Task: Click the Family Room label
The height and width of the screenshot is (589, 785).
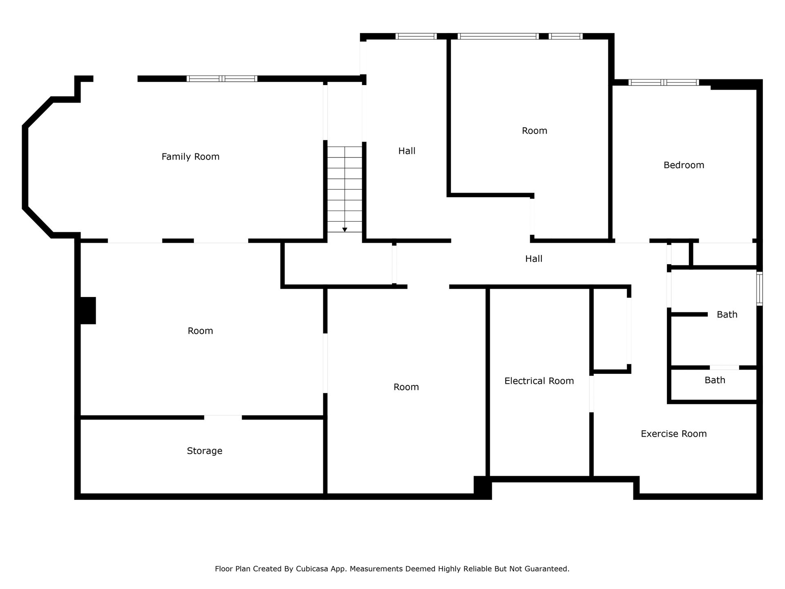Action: [191, 157]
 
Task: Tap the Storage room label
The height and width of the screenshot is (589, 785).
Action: [204, 451]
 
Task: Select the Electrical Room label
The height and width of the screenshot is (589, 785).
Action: [539, 381]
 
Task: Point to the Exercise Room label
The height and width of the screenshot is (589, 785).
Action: [673, 434]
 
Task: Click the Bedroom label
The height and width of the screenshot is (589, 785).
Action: [684, 165]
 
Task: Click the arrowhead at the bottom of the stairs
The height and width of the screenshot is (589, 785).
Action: [345, 230]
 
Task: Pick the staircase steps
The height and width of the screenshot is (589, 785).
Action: [345, 189]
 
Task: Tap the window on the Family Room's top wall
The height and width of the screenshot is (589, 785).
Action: [222, 79]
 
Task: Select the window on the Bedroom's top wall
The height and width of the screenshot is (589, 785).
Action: [664, 82]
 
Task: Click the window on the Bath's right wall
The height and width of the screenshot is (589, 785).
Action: [759, 288]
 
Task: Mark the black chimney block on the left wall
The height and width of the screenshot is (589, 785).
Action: [87, 310]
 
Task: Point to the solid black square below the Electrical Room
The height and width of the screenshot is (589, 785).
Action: [482, 487]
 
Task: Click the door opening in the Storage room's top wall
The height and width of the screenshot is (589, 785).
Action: [223, 417]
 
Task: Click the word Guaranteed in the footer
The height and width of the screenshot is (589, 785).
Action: [547, 569]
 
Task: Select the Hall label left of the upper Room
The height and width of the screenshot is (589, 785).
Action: [407, 151]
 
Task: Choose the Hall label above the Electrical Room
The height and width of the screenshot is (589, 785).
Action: [534, 259]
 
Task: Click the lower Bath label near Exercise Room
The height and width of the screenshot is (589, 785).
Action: [715, 380]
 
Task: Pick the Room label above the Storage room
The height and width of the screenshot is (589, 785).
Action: [200, 331]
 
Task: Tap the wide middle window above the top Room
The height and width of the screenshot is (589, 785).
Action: [498, 36]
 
